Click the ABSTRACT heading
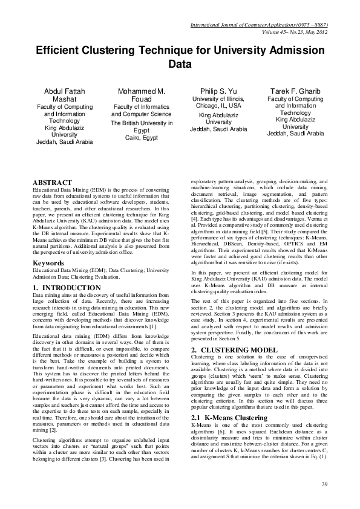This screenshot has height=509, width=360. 51,182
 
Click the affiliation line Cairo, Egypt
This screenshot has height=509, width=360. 137,137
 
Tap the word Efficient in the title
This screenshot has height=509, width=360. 59,51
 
